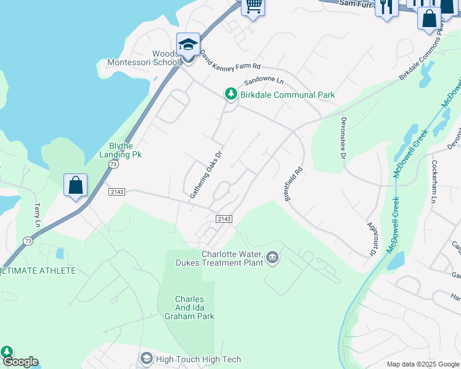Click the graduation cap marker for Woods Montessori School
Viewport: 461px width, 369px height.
(188, 44)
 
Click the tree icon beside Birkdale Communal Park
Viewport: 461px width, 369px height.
(231, 94)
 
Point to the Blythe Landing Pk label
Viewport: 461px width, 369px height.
(121, 150)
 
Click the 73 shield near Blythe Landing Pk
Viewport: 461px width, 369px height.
(113, 165)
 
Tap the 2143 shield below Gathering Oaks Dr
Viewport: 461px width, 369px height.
(224, 219)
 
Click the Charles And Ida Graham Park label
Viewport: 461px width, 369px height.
(189, 307)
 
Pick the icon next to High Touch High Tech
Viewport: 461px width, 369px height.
(146, 358)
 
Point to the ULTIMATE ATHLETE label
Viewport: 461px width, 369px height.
(38, 271)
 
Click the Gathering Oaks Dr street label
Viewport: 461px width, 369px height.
(205, 175)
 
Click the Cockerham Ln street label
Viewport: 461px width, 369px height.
(434, 182)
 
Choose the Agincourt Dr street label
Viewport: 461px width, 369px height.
(372, 240)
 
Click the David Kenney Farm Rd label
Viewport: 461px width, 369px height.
(230, 59)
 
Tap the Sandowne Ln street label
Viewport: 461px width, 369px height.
(263, 81)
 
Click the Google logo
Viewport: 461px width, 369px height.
(20, 362)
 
